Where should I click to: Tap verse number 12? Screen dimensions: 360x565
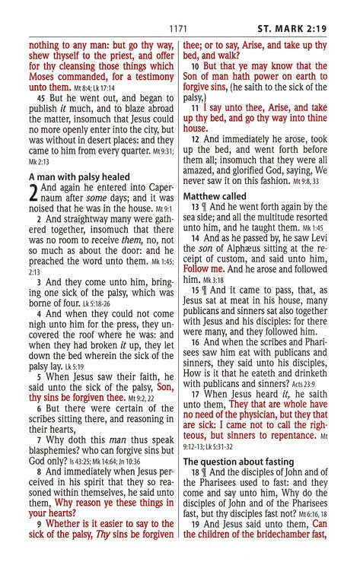[196, 139]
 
